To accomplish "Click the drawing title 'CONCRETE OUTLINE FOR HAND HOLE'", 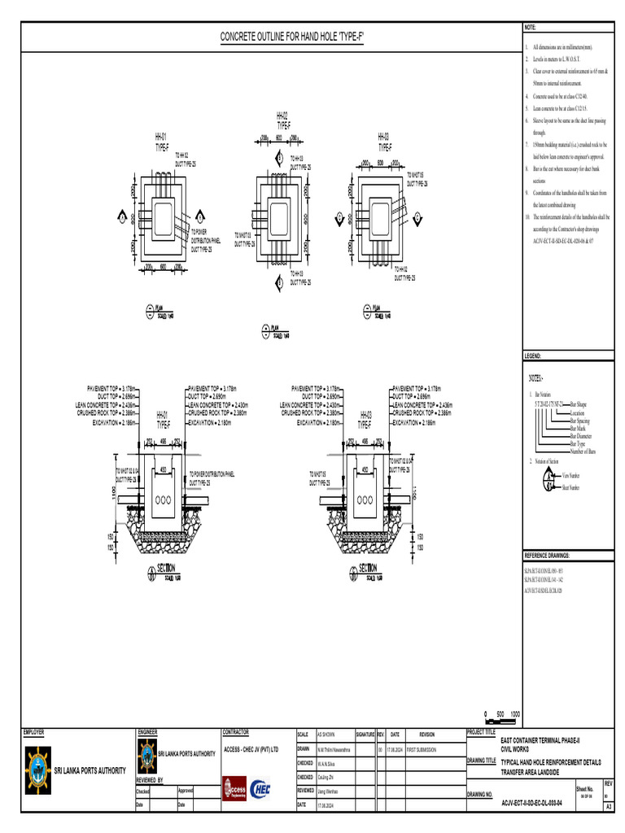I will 292,38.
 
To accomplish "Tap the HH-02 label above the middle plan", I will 282,116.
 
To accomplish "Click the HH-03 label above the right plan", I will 383,137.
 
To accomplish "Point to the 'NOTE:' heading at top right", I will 530,28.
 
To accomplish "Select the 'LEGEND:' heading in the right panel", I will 534,356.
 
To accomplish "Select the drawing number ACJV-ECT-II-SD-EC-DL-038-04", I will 538,801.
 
